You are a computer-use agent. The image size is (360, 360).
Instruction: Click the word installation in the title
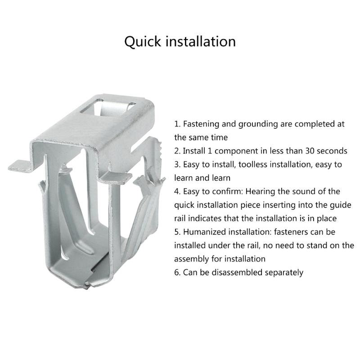pos(201,41)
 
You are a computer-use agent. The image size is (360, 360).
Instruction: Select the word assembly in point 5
pos(190,259)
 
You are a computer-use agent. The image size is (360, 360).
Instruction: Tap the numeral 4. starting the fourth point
pos(177,191)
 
